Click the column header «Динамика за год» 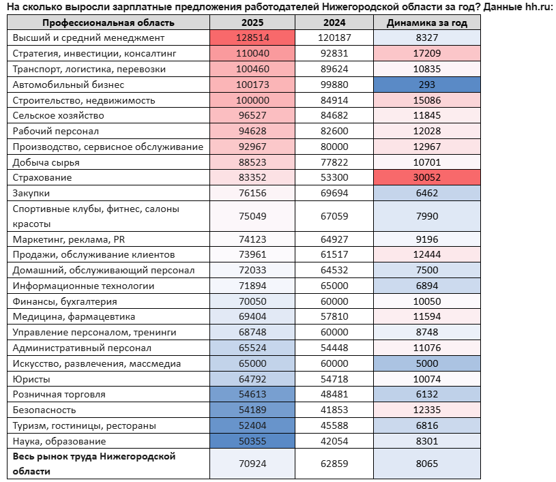point(426,22)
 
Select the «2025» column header point(252,22)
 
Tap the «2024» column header point(334,22)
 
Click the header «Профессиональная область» point(108,23)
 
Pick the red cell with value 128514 point(252,37)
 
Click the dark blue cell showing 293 point(427,85)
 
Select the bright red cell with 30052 point(427,177)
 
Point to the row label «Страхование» point(42,177)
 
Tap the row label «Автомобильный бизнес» point(68,85)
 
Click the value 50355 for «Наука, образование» point(252,441)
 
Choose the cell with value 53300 point(334,177)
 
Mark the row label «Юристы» point(31,379)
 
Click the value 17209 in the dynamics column point(427,53)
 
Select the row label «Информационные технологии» point(83,286)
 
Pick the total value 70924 point(252,464)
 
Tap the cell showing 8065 point(427,464)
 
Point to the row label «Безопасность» point(44,410)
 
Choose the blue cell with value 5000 point(427,363)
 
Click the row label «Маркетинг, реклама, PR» point(69,239)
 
